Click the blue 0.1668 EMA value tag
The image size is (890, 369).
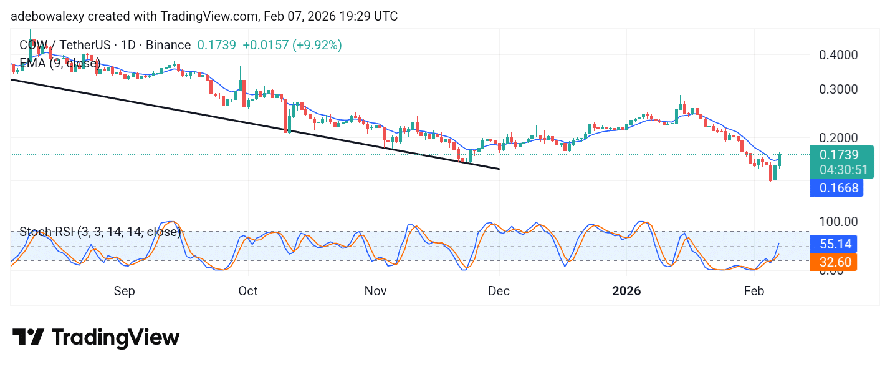click(x=836, y=188)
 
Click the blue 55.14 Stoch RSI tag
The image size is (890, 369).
click(x=833, y=244)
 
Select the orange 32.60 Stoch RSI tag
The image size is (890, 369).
click(x=833, y=262)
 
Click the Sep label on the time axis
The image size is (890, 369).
click(x=125, y=291)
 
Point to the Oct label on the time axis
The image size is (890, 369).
click(x=248, y=291)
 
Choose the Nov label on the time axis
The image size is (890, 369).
click(x=376, y=291)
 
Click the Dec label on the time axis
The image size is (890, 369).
click(x=499, y=291)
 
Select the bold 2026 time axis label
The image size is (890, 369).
click(x=627, y=291)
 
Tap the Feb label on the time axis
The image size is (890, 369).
click(x=755, y=291)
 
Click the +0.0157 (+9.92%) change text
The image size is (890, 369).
click(x=292, y=45)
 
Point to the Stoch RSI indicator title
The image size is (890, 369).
click(x=100, y=232)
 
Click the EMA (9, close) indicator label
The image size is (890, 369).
click(x=59, y=63)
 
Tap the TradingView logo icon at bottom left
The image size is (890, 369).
click(x=28, y=338)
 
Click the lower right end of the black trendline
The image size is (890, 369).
click(x=499, y=169)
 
